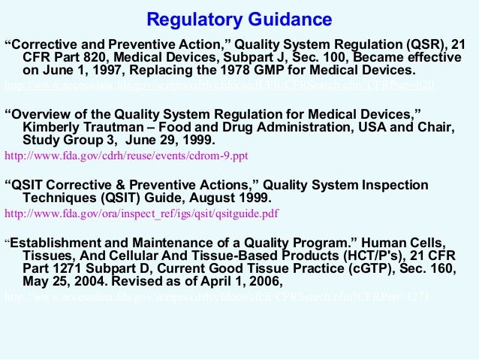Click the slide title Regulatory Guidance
[x=239, y=18]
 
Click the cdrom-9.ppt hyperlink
[x=126, y=156]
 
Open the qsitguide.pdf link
[x=142, y=213]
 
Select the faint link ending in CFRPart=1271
[x=217, y=295]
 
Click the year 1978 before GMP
[x=255, y=69]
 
